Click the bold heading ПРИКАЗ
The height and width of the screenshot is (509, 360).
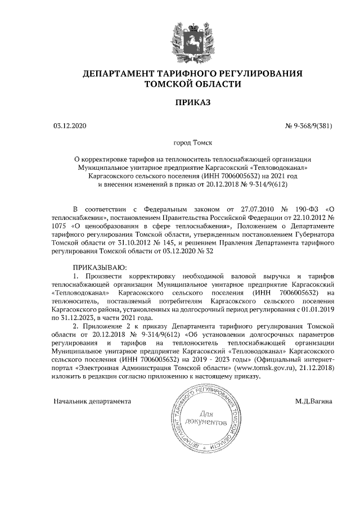coord(192,103)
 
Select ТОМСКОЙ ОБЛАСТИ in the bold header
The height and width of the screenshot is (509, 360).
coord(193,84)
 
